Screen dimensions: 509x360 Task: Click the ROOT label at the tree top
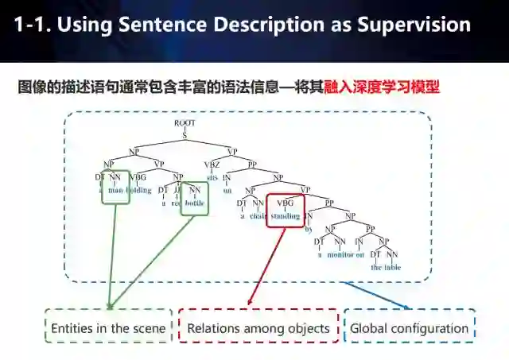(185, 123)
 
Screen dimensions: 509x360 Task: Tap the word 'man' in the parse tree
(116, 191)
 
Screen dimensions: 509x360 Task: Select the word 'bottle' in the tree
(194, 203)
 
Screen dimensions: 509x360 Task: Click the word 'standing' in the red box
(285, 216)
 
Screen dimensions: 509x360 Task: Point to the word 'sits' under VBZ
(212, 177)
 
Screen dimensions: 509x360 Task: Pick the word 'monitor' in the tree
(339, 254)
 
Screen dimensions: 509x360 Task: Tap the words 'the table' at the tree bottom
(386, 267)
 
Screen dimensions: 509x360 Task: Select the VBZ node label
(212, 165)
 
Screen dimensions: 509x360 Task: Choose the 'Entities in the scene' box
(108, 327)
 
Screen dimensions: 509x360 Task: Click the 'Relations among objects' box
(258, 327)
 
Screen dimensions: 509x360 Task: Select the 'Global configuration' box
(409, 327)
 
